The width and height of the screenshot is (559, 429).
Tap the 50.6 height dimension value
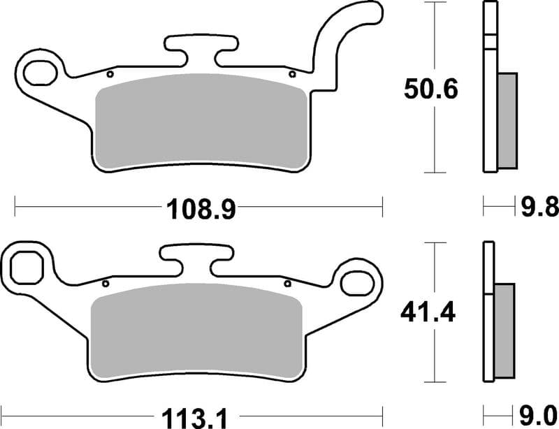(x=430, y=89)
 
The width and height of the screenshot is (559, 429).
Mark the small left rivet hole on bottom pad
(x=106, y=284)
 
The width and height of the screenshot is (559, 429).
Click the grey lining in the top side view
(x=508, y=120)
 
